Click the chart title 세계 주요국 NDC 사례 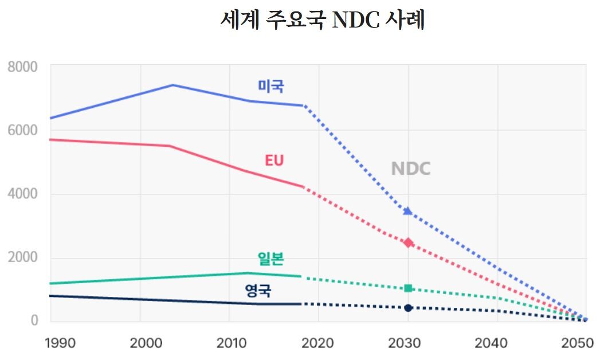coord(323,20)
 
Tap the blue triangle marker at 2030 coord(407,211)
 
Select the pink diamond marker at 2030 coord(408,242)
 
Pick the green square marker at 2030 coord(408,288)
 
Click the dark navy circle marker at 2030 coord(408,308)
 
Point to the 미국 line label coord(270,87)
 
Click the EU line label coord(274,161)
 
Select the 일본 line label coord(270,259)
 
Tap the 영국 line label coord(258,291)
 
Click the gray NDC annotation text coord(410,169)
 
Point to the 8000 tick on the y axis coord(23,67)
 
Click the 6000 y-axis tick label coord(23,131)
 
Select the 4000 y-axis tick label coord(23,194)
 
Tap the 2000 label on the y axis coord(23,257)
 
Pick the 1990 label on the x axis coord(60,343)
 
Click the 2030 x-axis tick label coord(405,343)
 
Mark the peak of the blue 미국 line coord(173,85)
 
